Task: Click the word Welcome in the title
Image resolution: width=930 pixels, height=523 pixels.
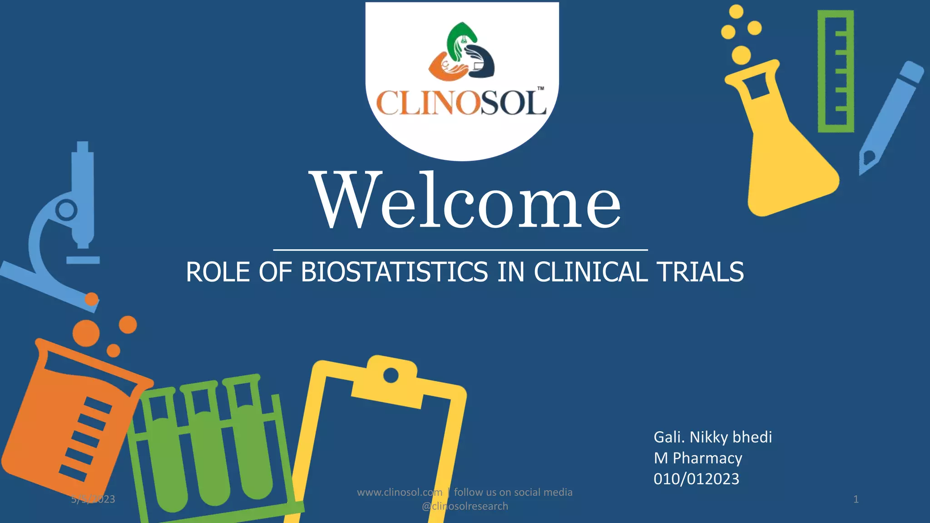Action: coord(467,201)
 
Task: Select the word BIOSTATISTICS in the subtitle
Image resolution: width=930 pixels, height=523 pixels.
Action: coord(394,272)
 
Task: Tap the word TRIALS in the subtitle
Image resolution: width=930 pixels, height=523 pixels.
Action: coord(700,272)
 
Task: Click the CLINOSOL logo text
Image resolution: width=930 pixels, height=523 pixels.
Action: coord(461,103)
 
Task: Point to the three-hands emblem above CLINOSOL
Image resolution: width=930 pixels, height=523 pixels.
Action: coord(461,51)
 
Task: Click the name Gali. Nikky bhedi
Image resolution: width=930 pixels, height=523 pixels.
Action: coord(712,437)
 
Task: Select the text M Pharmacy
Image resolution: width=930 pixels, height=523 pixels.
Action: coord(697,458)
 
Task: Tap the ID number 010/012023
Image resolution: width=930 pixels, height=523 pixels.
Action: coord(696,479)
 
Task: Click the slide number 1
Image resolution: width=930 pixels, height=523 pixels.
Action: coord(856,499)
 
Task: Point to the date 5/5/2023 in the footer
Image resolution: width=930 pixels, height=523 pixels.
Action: coord(93,499)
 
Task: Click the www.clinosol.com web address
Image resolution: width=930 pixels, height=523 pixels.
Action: coord(400,492)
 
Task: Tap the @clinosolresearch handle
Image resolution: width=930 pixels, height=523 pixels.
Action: coord(465,506)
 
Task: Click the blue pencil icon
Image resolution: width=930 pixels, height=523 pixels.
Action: coord(890,118)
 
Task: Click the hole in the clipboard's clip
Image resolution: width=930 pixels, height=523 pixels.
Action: coord(391,375)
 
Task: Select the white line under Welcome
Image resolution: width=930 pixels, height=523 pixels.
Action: coord(460,250)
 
